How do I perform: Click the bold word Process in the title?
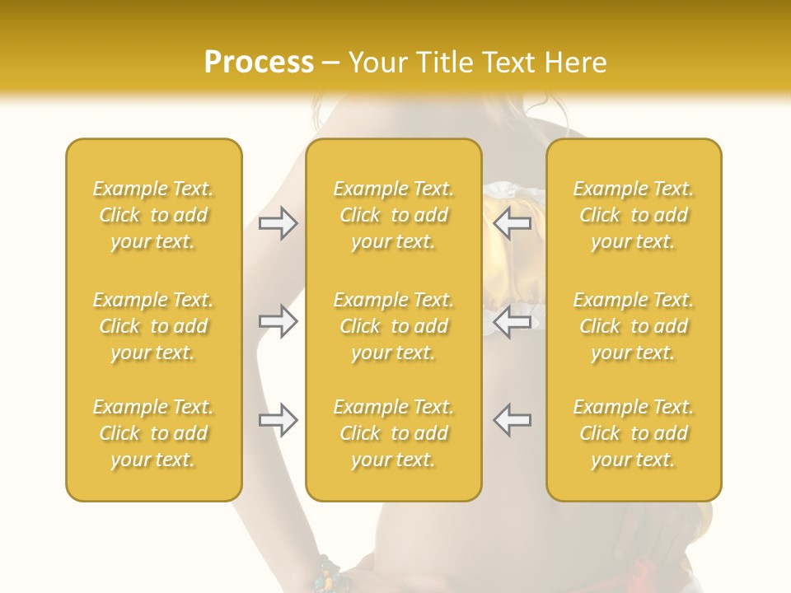point(259,63)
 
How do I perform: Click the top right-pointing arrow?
point(278,223)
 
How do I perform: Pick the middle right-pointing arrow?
point(278,321)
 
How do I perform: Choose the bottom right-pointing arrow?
point(278,420)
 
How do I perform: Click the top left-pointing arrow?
point(512,223)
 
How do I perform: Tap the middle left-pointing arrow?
point(512,321)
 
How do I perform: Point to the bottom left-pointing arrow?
point(512,419)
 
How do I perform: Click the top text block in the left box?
point(153,215)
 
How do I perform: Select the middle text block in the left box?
point(153,326)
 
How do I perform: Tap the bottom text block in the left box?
point(153,433)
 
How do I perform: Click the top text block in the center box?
point(394,215)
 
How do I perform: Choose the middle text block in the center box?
point(394,326)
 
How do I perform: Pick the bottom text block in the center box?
point(394,433)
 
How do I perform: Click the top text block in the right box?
point(634,215)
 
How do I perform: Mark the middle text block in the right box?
point(634,326)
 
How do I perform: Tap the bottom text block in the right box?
point(634,433)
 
